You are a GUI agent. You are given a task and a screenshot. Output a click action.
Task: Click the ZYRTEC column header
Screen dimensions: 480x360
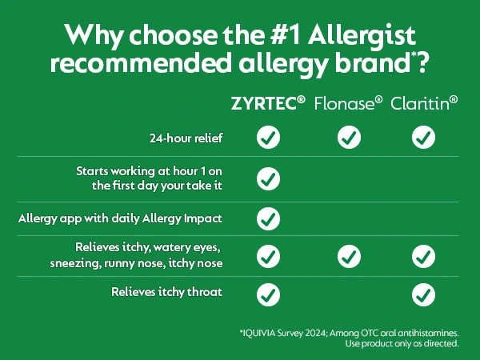click(x=268, y=103)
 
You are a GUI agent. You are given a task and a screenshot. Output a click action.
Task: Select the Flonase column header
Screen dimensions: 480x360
click(x=348, y=103)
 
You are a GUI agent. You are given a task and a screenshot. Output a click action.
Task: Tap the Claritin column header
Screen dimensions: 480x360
click(x=424, y=103)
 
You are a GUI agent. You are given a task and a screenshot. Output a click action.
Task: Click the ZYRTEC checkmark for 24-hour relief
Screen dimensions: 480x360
click(x=268, y=137)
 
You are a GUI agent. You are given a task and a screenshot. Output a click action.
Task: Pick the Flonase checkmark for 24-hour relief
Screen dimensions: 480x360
click(x=349, y=137)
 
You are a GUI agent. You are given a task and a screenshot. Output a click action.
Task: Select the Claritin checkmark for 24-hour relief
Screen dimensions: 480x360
click(x=423, y=137)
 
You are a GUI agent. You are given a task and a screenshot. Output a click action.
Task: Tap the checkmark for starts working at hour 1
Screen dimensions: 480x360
click(x=268, y=178)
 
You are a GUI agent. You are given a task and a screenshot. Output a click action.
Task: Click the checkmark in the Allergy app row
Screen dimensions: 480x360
click(x=268, y=218)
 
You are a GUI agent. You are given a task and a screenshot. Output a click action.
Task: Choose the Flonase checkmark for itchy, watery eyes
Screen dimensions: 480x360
click(x=349, y=256)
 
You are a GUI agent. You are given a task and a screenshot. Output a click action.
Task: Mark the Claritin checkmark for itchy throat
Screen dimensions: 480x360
click(x=423, y=294)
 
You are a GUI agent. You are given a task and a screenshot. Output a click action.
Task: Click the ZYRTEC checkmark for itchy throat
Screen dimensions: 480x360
click(x=268, y=294)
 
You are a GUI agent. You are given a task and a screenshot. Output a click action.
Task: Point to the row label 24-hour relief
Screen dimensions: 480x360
click(x=186, y=138)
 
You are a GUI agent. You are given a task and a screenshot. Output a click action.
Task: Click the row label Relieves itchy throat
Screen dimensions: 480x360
click(x=166, y=292)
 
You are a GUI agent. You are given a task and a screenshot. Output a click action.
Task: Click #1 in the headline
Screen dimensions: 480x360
click(x=286, y=35)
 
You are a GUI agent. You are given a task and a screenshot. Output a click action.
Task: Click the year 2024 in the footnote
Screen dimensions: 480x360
click(x=316, y=333)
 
